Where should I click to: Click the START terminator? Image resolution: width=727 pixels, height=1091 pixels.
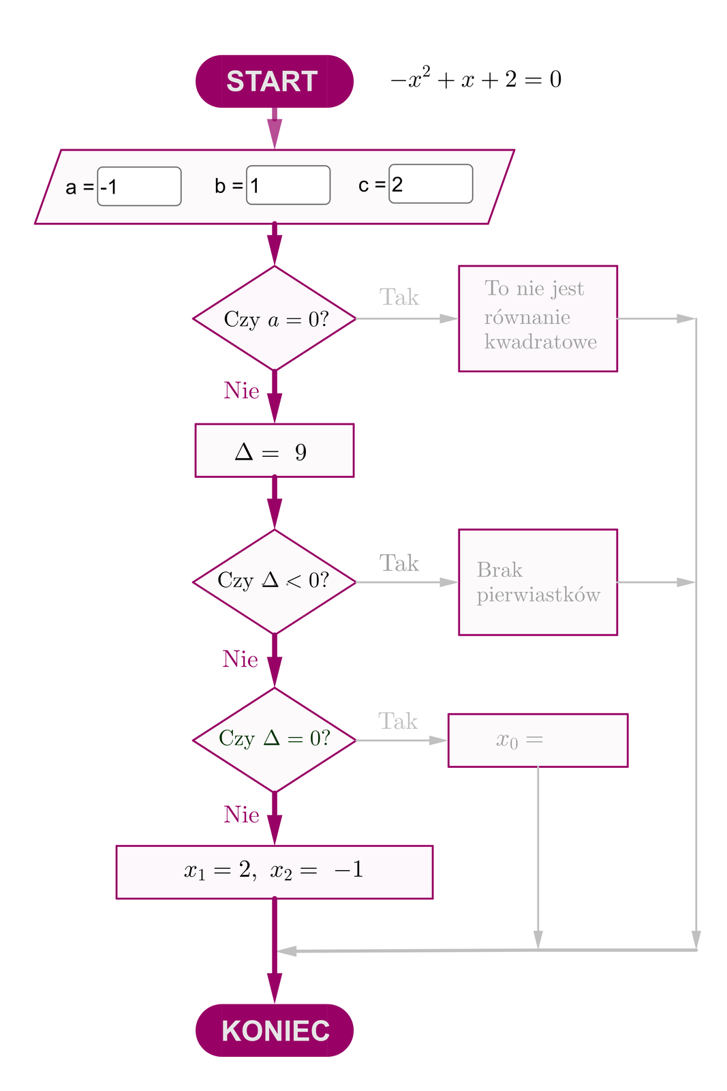[274, 81]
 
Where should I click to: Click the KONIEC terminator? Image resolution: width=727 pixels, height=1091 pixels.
[274, 1030]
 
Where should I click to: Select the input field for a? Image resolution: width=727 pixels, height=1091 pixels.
[139, 186]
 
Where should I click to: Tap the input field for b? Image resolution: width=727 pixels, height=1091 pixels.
[288, 185]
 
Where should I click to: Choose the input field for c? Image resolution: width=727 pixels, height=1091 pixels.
[431, 183]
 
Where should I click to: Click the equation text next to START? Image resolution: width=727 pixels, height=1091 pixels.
[476, 80]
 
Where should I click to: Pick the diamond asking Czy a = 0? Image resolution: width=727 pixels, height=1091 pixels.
[275, 318]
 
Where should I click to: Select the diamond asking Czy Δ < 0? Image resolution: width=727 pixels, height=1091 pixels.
[275, 582]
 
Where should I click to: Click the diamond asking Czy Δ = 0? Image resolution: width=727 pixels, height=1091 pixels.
[275, 740]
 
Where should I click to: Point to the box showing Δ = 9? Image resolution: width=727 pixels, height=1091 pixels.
[274, 451]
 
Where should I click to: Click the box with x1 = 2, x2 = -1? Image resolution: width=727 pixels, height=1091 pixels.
[274, 872]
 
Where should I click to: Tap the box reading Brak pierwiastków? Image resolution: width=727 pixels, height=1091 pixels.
[538, 582]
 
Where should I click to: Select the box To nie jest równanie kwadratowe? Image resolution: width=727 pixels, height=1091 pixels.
[538, 318]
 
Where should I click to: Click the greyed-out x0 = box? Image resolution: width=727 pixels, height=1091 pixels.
[538, 741]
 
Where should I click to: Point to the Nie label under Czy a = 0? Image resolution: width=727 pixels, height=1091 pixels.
[241, 391]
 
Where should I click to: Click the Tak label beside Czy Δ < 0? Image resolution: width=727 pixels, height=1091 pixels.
[399, 563]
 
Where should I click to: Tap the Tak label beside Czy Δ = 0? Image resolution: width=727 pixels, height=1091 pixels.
[398, 721]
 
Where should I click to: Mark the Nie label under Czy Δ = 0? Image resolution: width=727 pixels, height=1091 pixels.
[241, 815]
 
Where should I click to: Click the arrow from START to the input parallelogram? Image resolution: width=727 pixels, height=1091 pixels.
[275, 128]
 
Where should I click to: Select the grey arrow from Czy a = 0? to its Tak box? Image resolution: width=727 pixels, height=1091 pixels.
[407, 318]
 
